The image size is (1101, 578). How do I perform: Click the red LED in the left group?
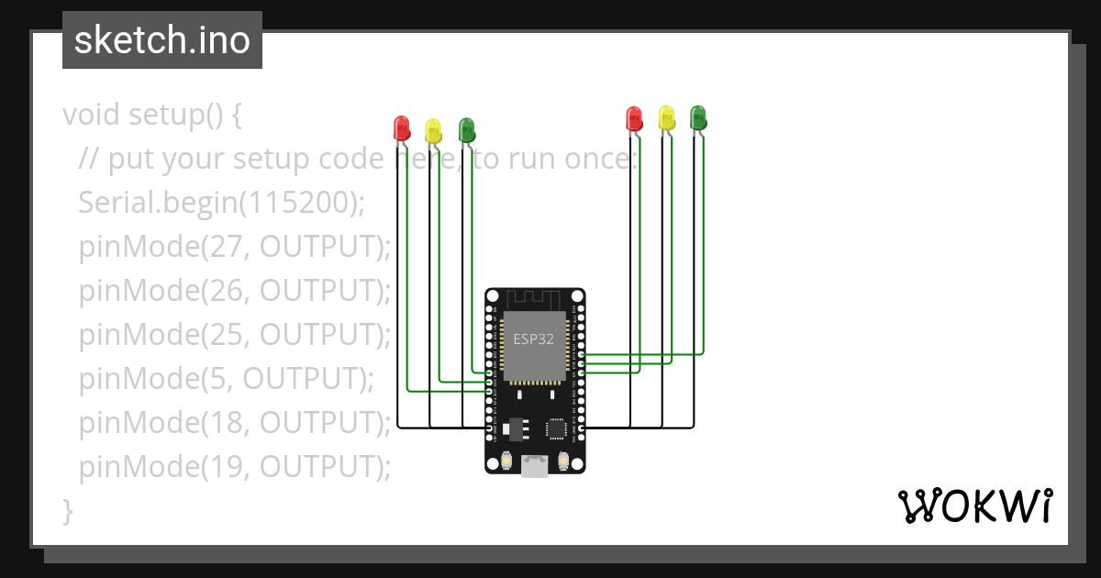point(401,128)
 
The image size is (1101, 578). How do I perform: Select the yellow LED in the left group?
point(433,130)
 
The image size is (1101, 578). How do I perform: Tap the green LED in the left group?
point(466,128)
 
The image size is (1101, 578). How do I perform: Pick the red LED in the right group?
point(633,117)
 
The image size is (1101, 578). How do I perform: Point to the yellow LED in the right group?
point(666,117)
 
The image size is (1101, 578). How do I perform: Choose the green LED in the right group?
point(698,117)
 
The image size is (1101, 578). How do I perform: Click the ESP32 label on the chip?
point(533,339)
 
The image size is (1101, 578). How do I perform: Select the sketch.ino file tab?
point(162,40)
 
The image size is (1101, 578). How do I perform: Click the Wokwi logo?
point(974,506)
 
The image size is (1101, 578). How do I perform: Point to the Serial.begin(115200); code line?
point(221,203)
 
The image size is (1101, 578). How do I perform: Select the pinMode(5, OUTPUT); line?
point(227,378)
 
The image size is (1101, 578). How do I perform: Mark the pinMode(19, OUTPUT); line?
point(235,466)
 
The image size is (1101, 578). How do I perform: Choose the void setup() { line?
point(152,115)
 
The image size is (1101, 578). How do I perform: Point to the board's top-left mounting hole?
point(493,296)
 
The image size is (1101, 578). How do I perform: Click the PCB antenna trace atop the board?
point(534,299)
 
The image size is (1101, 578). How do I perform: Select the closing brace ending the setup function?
point(67,509)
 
